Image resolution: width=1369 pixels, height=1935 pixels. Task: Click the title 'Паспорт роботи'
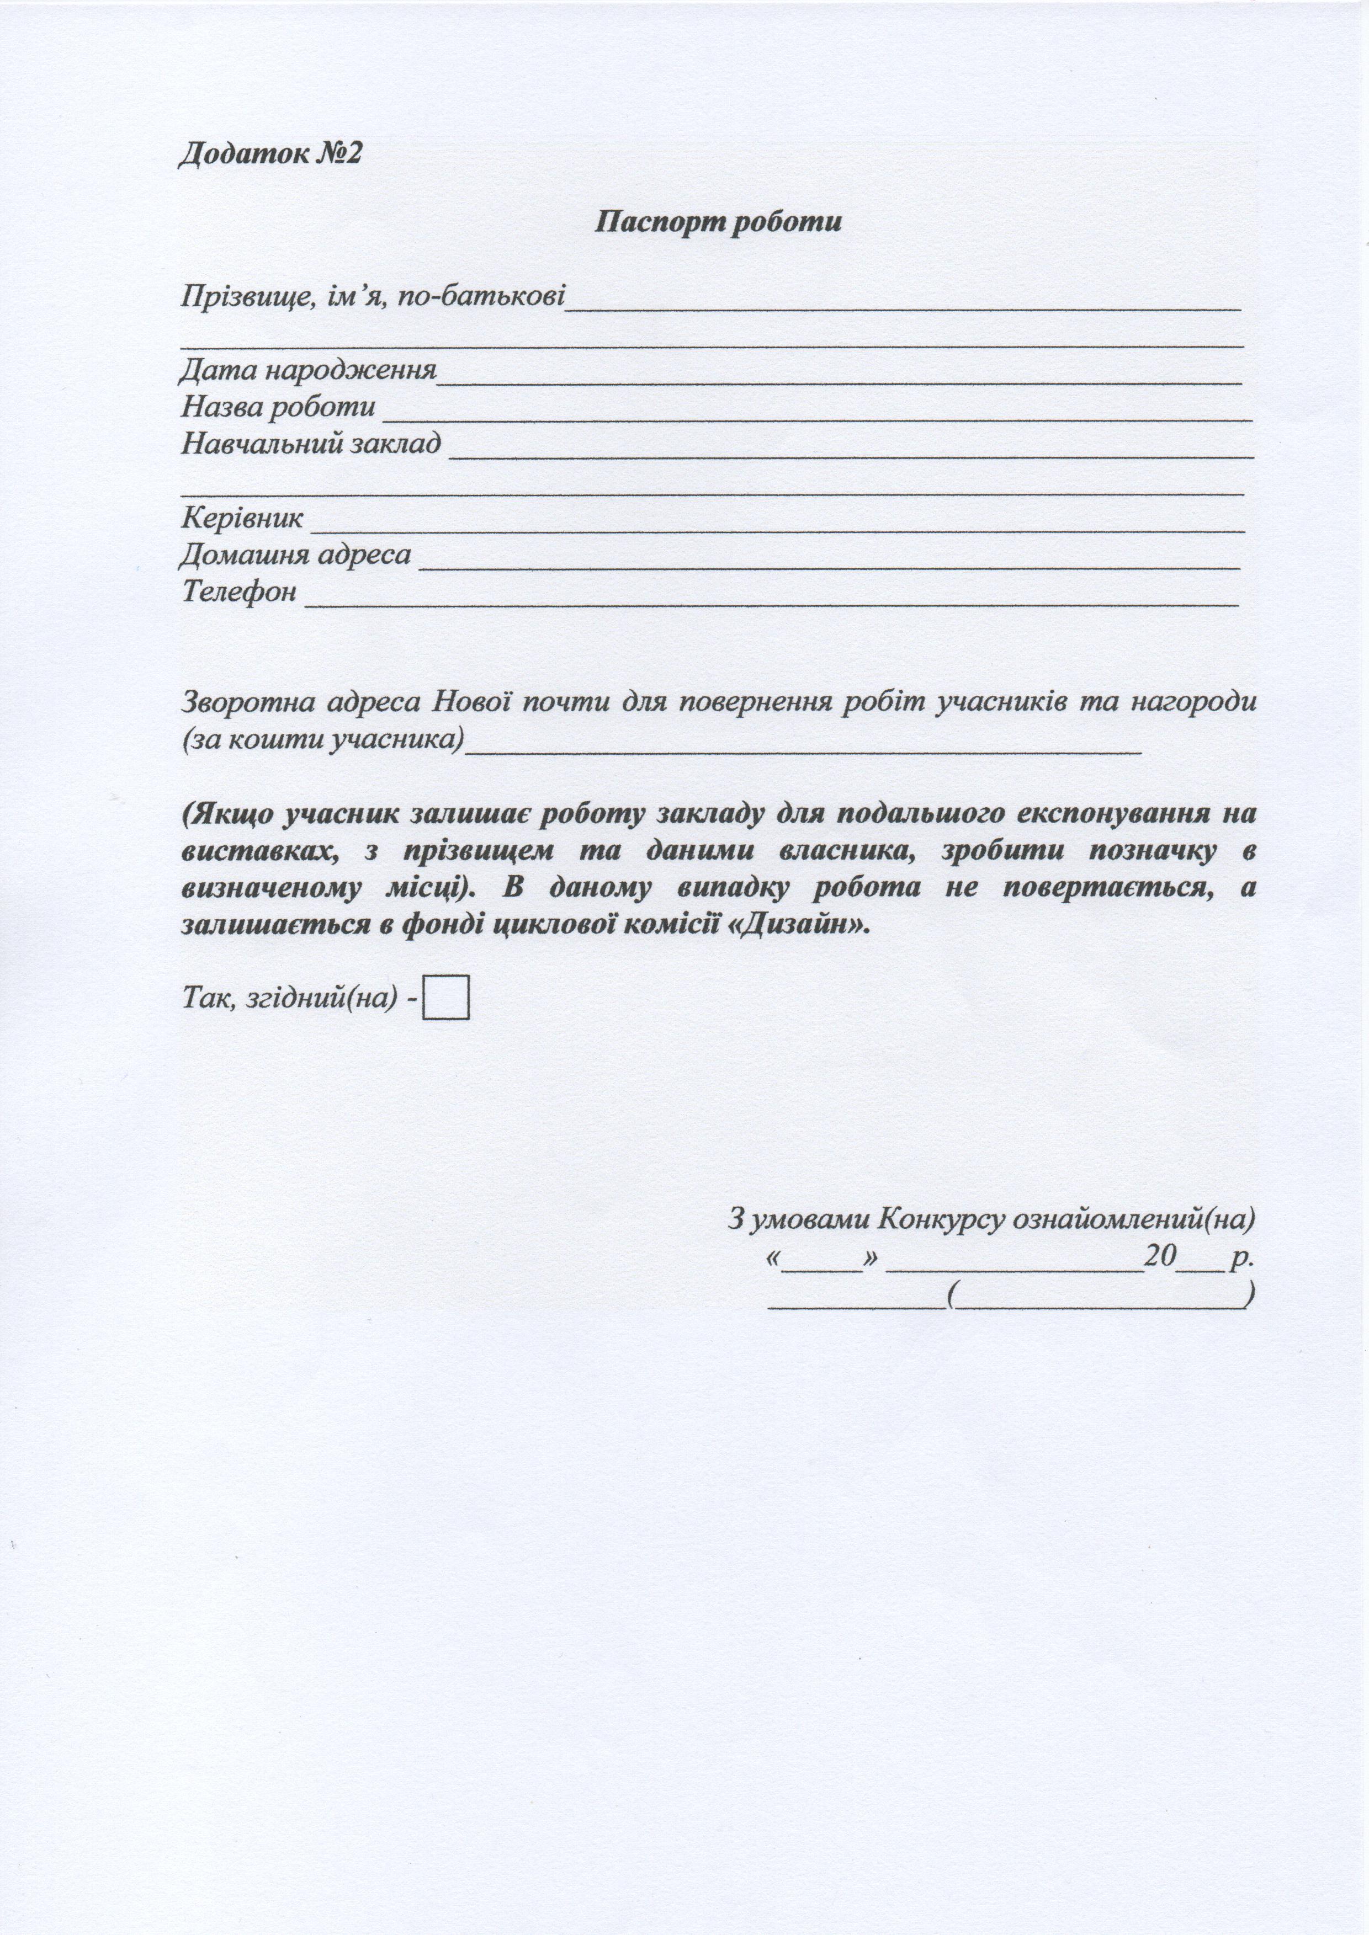(718, 222)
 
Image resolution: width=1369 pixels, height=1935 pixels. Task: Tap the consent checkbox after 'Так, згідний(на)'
(446, 998)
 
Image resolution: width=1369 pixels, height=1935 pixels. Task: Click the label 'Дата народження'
(309, 370)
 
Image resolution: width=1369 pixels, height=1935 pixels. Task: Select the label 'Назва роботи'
(278, 407)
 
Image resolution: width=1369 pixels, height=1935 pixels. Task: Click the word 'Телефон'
(240, 591)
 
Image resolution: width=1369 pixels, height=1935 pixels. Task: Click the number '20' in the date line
(1159, 1256)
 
